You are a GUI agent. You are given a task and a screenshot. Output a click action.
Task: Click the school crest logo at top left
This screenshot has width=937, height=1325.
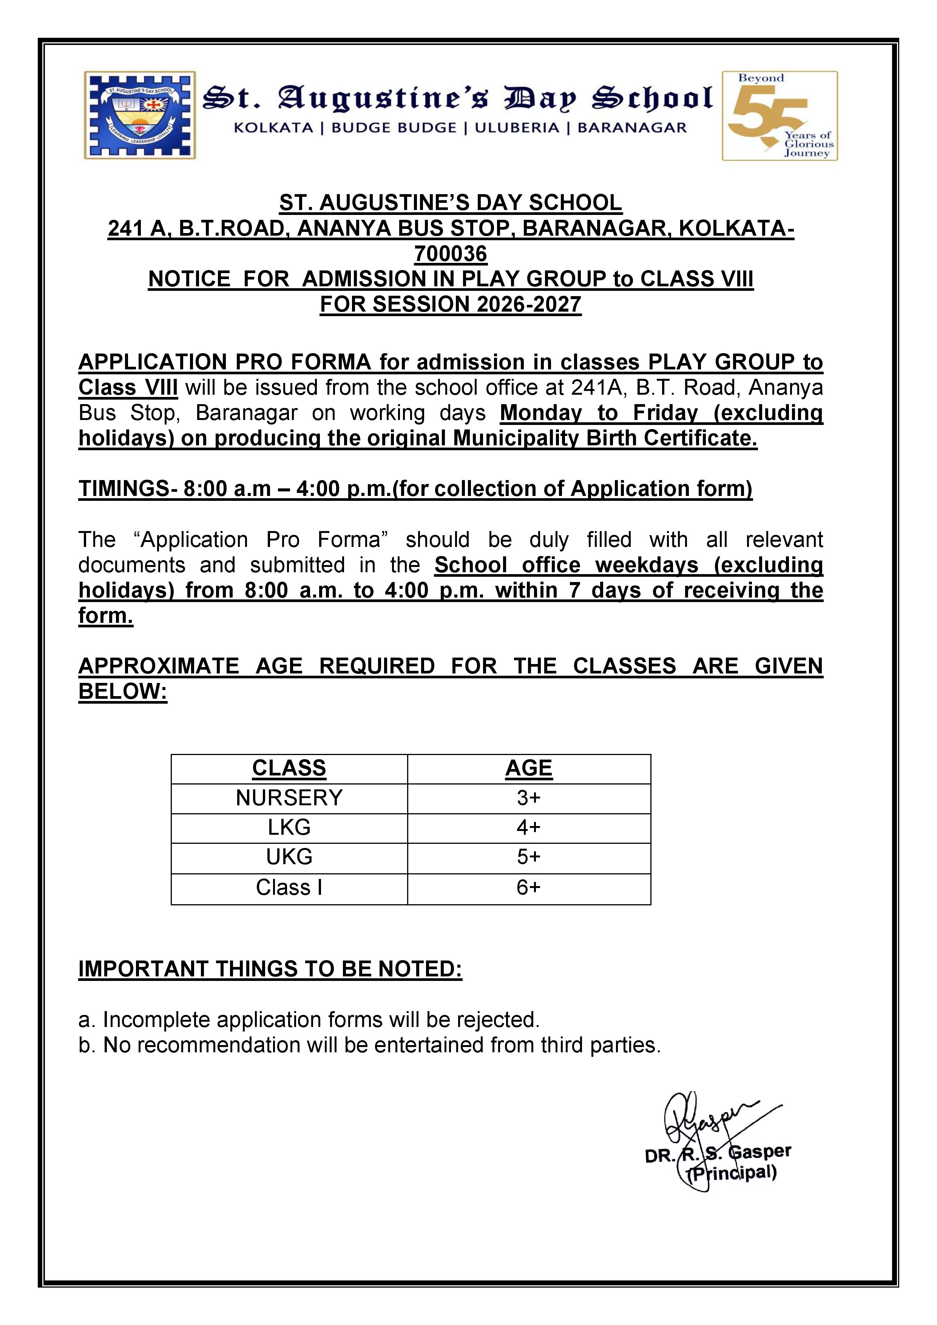(140, 116)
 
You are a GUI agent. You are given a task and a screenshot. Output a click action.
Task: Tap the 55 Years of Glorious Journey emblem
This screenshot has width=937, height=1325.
(780, 116)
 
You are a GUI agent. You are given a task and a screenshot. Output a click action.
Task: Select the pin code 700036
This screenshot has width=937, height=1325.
(451, 254)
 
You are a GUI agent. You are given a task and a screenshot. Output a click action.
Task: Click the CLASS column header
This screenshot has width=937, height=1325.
(289, 768)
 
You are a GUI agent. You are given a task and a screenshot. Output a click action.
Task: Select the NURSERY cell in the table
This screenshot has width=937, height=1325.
(289, 798)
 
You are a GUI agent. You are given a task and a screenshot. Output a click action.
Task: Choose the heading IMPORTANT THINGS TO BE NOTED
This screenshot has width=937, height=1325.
(270, 969)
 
